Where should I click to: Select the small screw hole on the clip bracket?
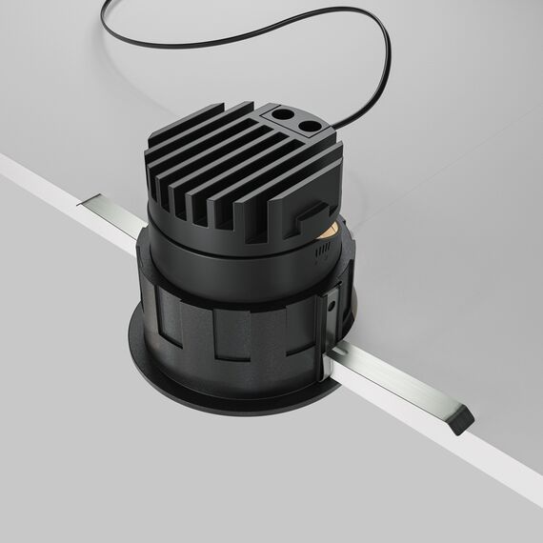pyautogui.click(x=330, y=307)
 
